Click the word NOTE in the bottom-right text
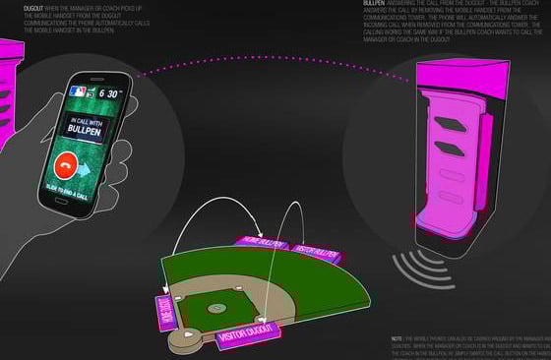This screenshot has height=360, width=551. [397, 337]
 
